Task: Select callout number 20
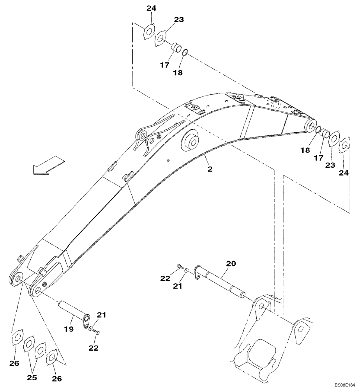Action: pos(231,264)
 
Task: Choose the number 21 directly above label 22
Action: pos(101,315)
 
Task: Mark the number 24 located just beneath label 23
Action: pos(343,173)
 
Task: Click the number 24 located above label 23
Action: pos(151,8)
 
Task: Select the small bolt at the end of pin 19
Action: pos(97,332)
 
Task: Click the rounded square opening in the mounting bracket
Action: pos(261,352)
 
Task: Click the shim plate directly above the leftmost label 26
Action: pos(17,337)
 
